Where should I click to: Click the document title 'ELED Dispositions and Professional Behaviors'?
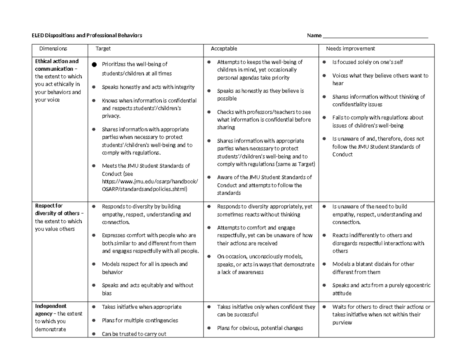(87, 36)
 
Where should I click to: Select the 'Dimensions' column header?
(53, 49)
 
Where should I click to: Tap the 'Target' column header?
(103, 49)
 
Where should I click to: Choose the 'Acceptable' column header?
(224, 49)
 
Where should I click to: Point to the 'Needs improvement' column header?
(350, 49)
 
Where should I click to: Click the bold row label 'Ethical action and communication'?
(57, 65)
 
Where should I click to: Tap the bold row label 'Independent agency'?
(51, 310)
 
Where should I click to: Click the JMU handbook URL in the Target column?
(150, 185)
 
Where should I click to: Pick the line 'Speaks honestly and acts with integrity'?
(148, 87)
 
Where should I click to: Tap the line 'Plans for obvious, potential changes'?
(260, 328)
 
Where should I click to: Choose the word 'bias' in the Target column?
(107, 293)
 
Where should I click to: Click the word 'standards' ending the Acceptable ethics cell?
(229, 193)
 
